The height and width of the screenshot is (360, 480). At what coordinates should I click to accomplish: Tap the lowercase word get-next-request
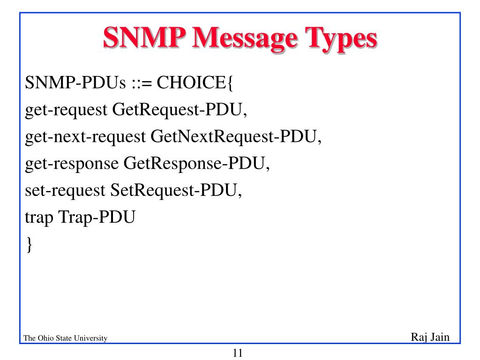(x=85, y=137)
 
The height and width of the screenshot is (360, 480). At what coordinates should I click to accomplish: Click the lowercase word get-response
(x=72, y=164)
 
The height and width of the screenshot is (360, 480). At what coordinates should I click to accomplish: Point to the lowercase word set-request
(x=65, y=191)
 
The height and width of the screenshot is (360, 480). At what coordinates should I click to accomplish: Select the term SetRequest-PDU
(x=176, y=191)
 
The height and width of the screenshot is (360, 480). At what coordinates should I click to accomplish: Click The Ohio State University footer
(x=65, y=338)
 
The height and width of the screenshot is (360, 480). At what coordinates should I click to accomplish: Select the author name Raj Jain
(x=430, y=337)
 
